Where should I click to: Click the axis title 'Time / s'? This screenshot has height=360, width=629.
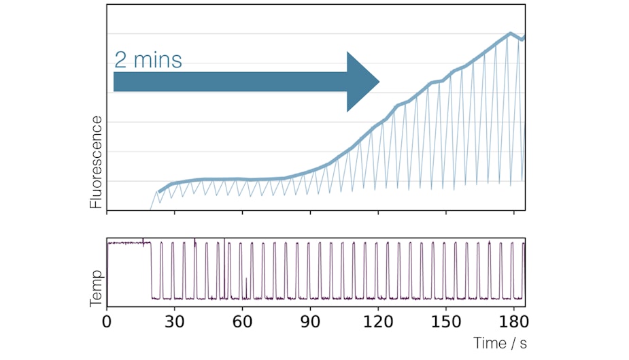tap(500, 343)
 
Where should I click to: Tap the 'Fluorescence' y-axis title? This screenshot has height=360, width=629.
tap(96, 162)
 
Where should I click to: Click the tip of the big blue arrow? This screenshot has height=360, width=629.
tap(379, 82)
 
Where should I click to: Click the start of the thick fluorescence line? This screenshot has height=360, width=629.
tap(159, 192)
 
